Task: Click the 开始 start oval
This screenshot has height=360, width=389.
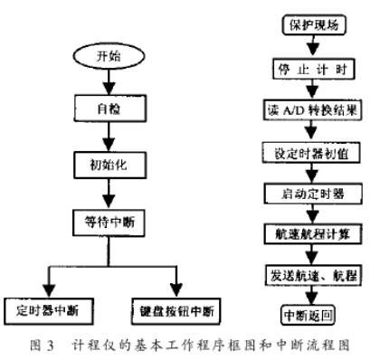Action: coord(108,56)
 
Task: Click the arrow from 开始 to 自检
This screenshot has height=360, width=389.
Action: coord(108,81)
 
